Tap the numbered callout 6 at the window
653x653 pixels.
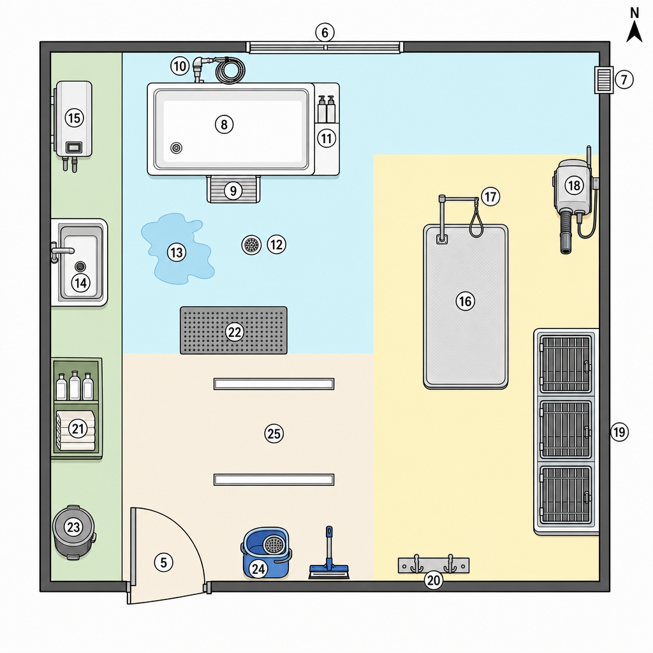point(325,33)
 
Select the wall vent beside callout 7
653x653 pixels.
point(603,80)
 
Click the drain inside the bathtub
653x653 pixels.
point(176,148)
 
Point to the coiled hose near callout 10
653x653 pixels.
point(230,70)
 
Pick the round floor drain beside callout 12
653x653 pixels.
point(251,245)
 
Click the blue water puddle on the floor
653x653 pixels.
point(177,249)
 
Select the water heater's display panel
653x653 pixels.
point(74,147)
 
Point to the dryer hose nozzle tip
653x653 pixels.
point(566,250)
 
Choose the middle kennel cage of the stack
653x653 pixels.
point(566,429)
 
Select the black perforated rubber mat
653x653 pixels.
point(233,331)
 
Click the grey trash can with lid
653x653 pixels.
point(74,532)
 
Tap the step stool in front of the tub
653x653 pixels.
point(233,189)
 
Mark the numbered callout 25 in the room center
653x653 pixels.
point(274,434)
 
